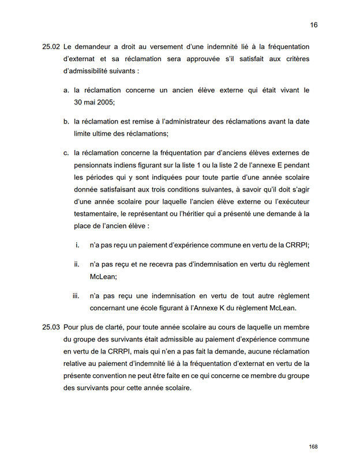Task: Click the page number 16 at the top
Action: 314,25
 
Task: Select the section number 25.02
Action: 51,47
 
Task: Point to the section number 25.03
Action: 51,327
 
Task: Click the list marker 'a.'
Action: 66,90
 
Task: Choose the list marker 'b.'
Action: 66,122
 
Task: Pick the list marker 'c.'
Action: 66,153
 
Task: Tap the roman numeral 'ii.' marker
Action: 77,264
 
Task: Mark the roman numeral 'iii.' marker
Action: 76,296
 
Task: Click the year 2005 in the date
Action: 106,103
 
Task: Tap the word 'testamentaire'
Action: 99,213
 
